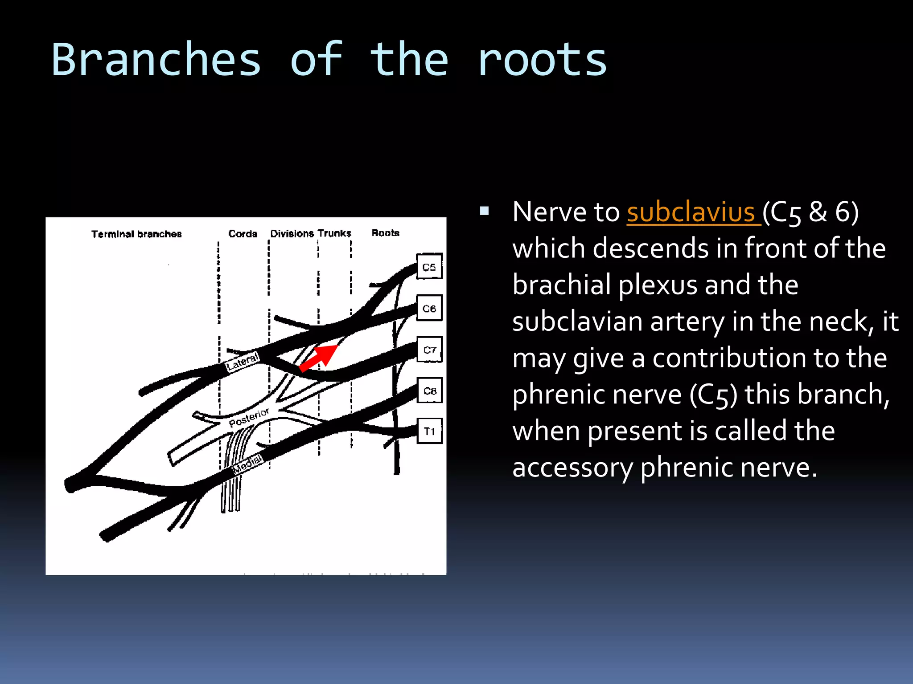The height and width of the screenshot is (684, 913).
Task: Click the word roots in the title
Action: [542, 60]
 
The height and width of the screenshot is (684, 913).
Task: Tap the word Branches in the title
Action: [156, 60]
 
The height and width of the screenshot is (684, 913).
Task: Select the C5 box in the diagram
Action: [429, 267]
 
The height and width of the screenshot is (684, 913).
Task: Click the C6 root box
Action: [429, 308]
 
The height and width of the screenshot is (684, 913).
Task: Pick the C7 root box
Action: [429, 350]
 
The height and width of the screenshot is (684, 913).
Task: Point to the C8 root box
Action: [429, 391]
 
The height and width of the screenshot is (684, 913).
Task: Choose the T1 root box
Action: [429, 431]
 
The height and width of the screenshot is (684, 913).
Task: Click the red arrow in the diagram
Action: [319, 357]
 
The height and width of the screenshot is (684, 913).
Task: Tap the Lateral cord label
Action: [242, 362]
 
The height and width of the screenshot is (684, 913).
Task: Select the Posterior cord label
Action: [249, 417]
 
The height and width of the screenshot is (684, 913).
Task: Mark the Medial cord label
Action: [248, 463]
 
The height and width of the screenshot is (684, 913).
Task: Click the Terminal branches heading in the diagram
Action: [136, 234]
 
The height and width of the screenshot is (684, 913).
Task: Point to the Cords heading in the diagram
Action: [243, 233]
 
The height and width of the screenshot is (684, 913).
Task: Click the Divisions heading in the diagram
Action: [292, 233]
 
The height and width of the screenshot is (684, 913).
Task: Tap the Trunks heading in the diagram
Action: [334, 233]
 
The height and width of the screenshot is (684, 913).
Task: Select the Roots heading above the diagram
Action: [385, 232]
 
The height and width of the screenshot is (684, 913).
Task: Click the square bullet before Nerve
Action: [484, 211]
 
